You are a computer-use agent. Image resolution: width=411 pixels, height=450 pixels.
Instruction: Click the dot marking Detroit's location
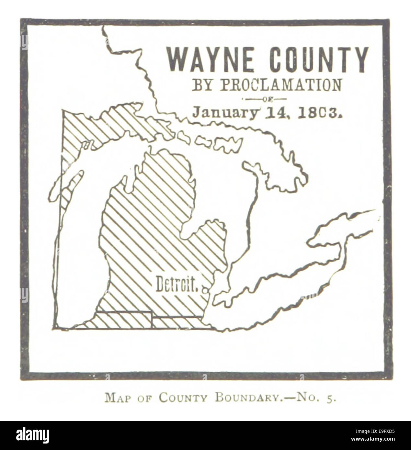tap(204, 289)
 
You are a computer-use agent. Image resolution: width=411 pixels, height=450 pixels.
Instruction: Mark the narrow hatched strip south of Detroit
tap(177, 322)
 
